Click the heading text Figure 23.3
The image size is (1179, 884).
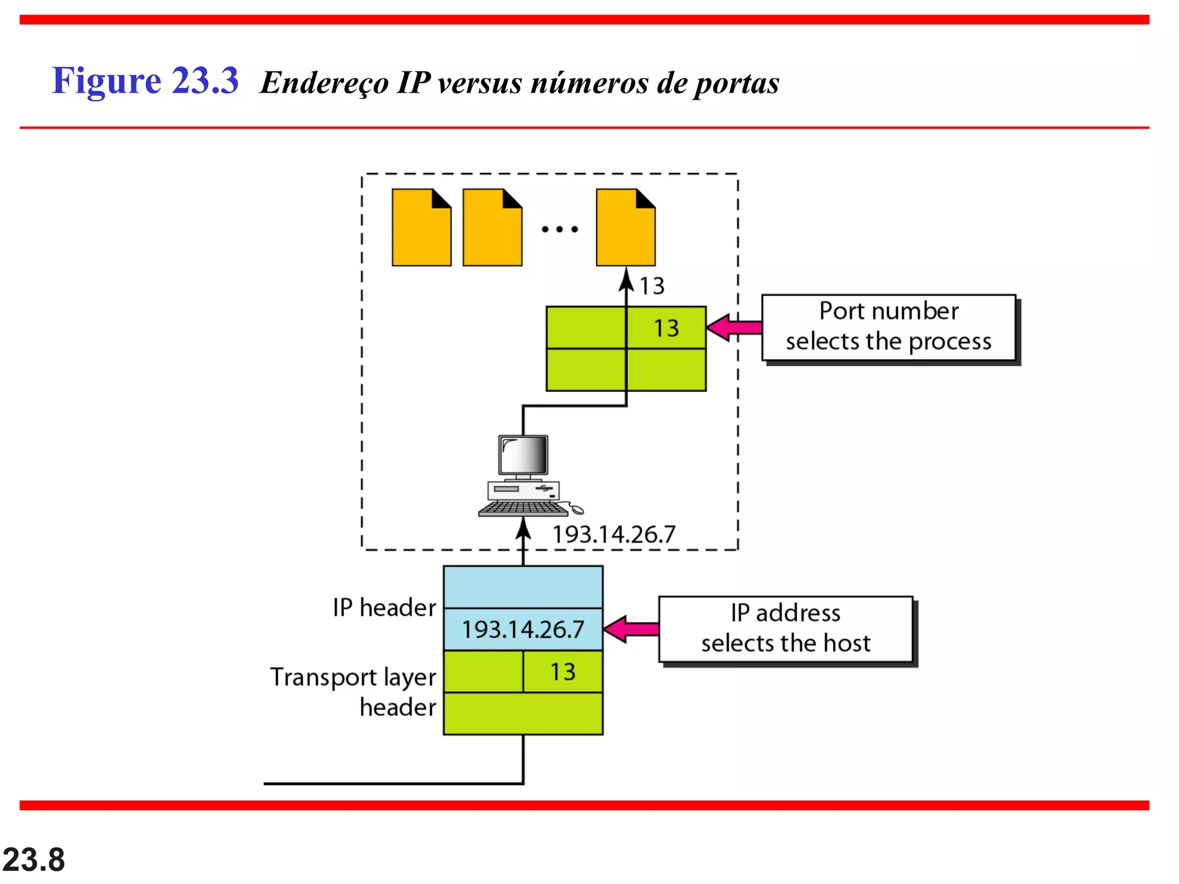[145, 81]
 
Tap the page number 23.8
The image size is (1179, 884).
[33, 860]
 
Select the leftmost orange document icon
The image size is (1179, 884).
[421, 228]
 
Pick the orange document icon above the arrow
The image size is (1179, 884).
[625, 228]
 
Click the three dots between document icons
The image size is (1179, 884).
[560, 229]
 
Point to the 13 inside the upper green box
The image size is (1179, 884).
[666, 329]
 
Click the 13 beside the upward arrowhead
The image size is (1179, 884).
[652, 286]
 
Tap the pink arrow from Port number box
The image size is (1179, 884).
[735, 327]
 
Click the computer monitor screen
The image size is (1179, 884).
[523, 455]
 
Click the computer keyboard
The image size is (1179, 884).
[523, 509]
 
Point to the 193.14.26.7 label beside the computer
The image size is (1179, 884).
[614, 535]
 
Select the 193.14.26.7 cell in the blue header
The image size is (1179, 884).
[523, 630]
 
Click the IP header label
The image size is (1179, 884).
[384, 608]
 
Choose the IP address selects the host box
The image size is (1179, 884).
[785, 628]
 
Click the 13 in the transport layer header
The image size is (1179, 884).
[562, 672]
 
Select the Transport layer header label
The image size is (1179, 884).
[353, 692]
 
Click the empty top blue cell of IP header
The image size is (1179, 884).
[523, 587]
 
